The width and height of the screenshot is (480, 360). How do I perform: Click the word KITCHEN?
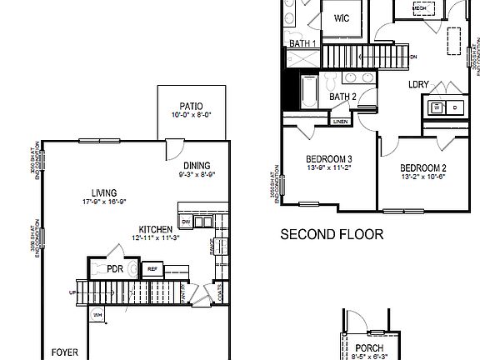pos(156,229)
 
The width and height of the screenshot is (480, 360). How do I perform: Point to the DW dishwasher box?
pos(186,221)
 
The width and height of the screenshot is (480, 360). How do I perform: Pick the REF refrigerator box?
pos(152,268)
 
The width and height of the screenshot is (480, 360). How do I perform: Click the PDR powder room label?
pos(115,268)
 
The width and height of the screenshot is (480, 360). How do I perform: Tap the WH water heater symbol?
pos(97,315)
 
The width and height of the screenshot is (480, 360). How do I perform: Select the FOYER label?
pos(65,352)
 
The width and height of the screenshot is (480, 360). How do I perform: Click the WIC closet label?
pos(342,18)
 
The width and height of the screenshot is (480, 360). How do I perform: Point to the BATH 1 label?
pos(302,43)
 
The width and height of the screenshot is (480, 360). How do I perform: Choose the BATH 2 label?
pos(342,97)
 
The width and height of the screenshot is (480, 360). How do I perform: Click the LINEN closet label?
pos(340,122)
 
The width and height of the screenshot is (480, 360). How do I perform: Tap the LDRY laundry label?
pos(417,84)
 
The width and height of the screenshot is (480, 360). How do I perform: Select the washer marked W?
pos(436,107)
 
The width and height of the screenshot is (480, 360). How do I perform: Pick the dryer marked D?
pos(454,107)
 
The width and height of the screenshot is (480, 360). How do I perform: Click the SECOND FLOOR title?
pos(331,235)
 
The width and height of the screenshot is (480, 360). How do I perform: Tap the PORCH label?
pos(367,348)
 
